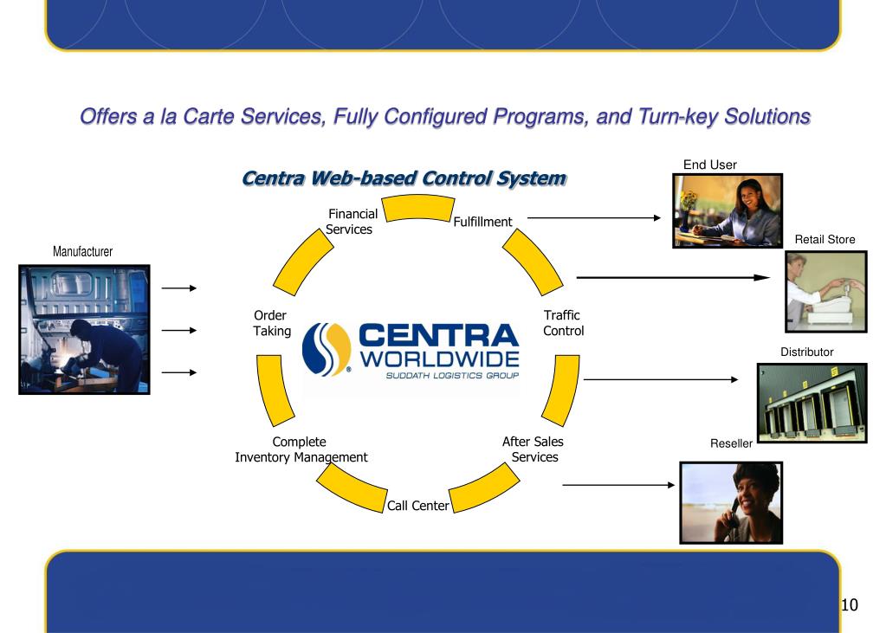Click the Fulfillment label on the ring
tap(482, 222)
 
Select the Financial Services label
tap(351, 222)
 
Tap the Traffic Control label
tap(563, 323)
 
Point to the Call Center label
tap(417, 506)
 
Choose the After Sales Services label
tap(534, 449)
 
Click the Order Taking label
tap(271, 323)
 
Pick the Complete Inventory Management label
tap(301, 449)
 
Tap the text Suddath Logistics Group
tap(452, 376)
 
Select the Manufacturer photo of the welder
tap(84, 330)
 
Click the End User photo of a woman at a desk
tap(728, 210)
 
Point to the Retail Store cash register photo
tap(825, 292)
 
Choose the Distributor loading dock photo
tap(812, 402)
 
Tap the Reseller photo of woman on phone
tap(731, 502)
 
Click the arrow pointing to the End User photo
tap(593, 218)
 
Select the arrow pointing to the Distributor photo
tap(660, 379)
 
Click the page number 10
tap(849, 604)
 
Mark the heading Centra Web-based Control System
tap(404, 179)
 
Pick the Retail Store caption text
tap(825, 239)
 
